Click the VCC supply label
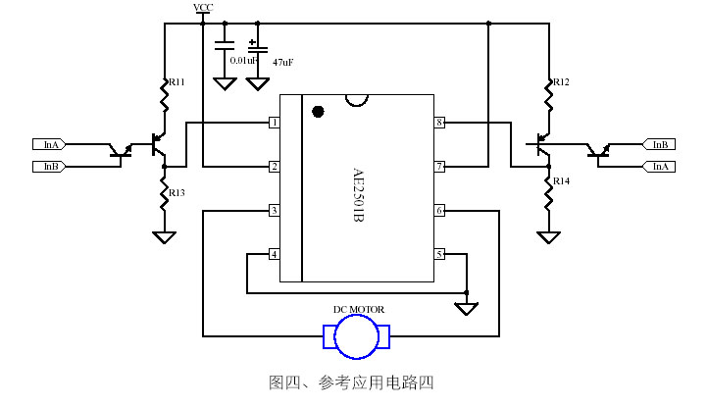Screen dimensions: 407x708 [203, 7]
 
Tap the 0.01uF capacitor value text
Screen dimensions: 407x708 [243, 60]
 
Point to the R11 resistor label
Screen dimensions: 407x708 [177, 82]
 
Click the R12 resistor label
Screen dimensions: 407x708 [560, 82]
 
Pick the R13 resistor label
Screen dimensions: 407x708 [177, 193]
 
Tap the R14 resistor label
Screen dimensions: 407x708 [561, 181]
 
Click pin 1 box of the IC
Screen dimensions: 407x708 [275, 123]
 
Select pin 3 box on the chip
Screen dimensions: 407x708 [275, 211]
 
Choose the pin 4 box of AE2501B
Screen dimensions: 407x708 [275, 255]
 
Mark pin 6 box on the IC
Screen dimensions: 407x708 [440, 211]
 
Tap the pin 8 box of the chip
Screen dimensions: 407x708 [440, 123]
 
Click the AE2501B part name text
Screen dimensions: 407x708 [358, 194]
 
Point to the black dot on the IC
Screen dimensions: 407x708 [317, 111]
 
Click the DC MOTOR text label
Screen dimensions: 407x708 [359, 310]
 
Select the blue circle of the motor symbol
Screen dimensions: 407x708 [358, 337]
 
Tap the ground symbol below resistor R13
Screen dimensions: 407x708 [164, 237]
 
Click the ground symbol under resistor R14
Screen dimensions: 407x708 [549, 236]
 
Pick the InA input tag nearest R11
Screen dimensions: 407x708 [49, 144]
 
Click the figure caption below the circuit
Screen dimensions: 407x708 [351, 382]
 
